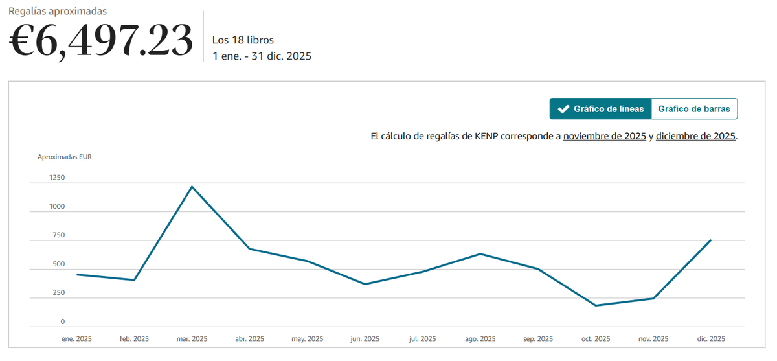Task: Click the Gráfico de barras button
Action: click(x=693, y=109)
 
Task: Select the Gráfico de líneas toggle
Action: click(x=600, y=109)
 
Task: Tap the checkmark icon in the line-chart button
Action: click(x=563, y=109)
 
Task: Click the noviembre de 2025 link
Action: click(x=604, y=136)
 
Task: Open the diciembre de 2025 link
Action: click(x=695, y=136)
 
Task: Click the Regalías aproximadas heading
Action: click(x=58, y=11)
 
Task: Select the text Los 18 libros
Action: click(x=243, y=40)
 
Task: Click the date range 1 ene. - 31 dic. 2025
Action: click(x=262, y=56)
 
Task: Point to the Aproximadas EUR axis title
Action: click(x=65, y=157)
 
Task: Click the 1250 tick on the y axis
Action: click(x=57, y=177)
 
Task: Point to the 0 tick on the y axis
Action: click(x=63, y=321)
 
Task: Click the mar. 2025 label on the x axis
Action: click(x=192, y=339)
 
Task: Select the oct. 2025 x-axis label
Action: click(x=596, y=339)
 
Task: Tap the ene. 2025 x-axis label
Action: click(x=76, y=339)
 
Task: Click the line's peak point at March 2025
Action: click(x=192, y=187)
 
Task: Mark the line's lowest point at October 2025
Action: click(x=596, y=305)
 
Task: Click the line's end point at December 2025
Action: click(x=711, y=240)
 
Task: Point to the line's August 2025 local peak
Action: click(x=480, y=253)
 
